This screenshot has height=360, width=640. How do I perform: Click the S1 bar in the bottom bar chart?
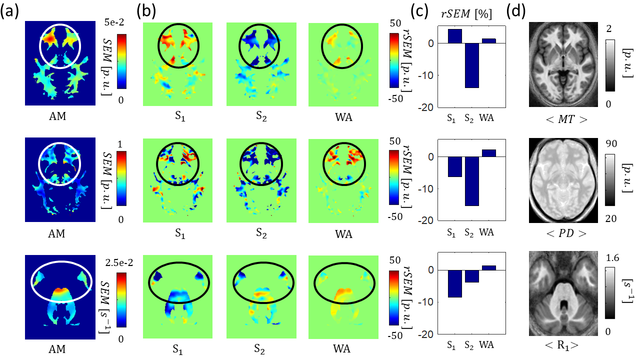coord(454,283)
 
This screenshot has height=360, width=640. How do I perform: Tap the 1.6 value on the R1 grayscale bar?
coord(612,258)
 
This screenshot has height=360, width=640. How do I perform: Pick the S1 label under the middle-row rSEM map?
coord(177,233)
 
